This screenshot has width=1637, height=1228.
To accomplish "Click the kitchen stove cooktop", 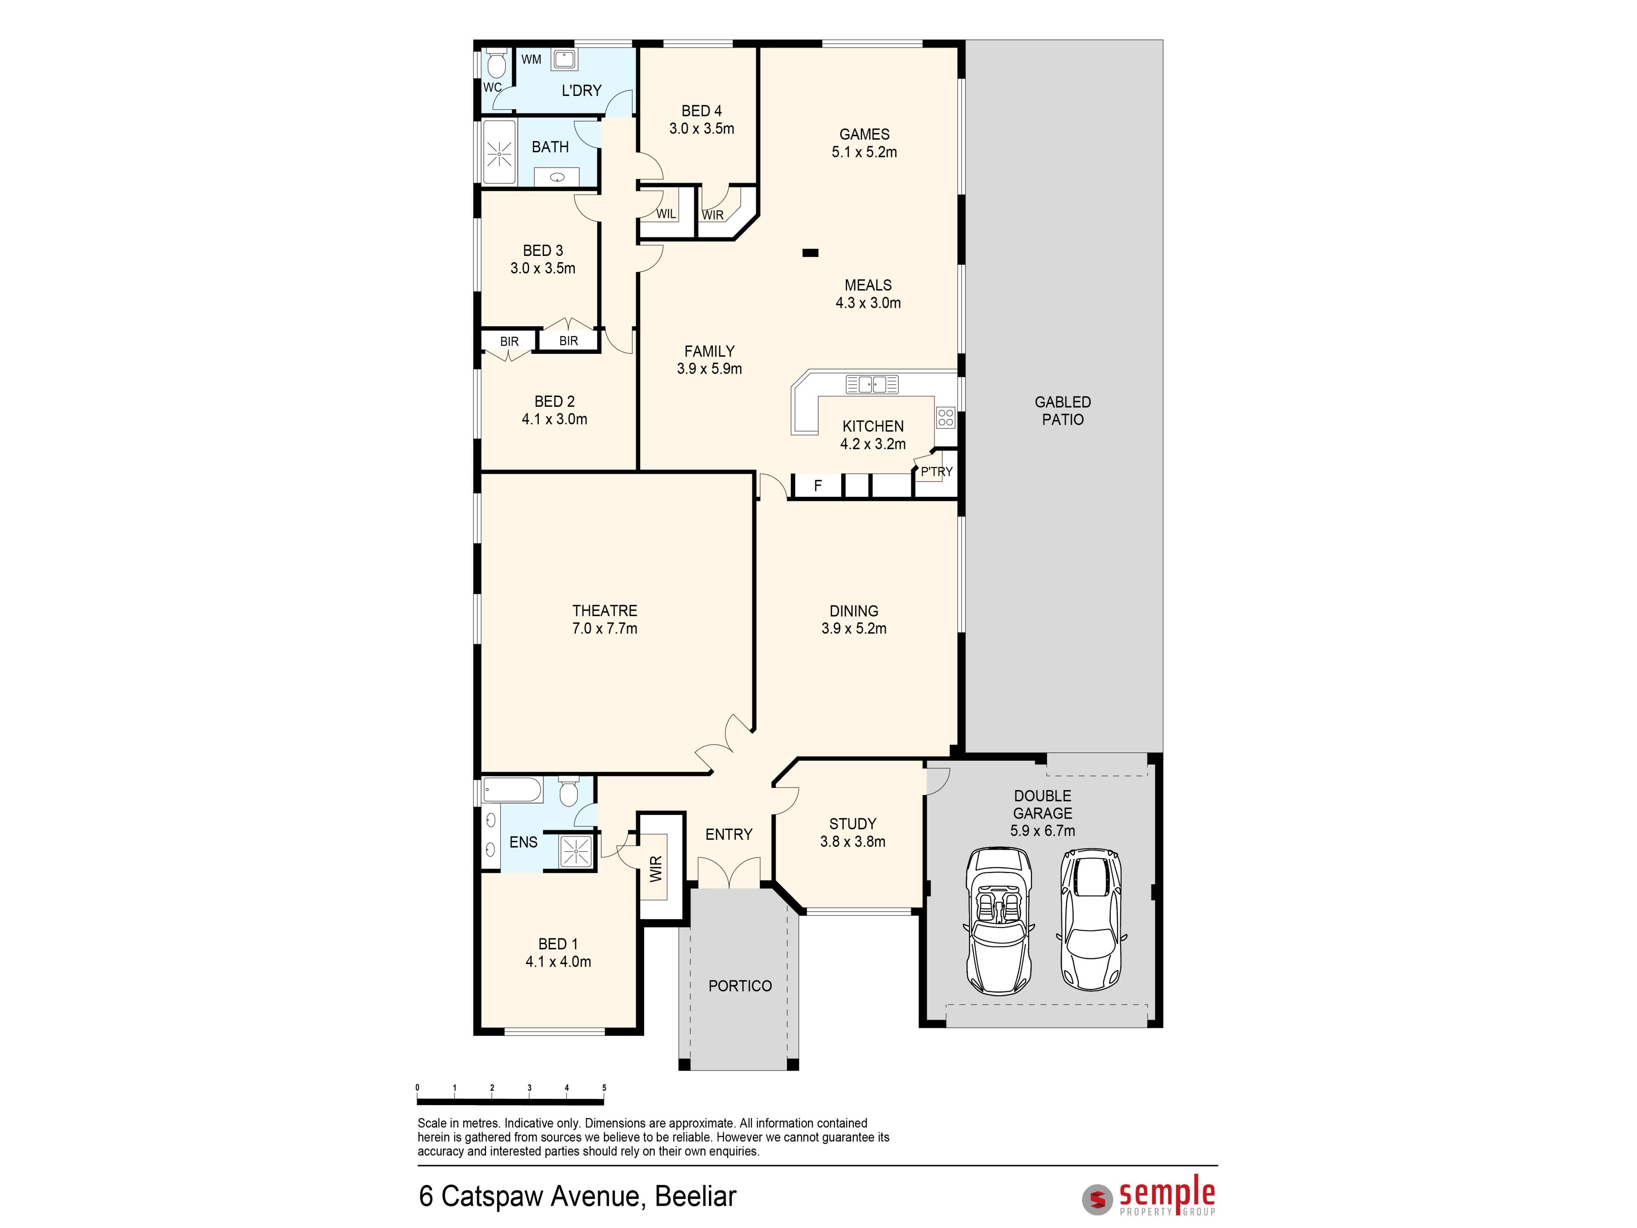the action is click(x=945, y=417).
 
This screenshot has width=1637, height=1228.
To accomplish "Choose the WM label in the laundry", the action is click(x=531, y=59).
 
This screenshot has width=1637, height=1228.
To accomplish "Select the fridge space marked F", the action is click(x=818, y=486).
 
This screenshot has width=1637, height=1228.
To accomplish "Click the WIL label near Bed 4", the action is click(x=666, y=214).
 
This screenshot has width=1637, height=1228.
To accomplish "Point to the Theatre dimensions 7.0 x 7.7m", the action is click(x=604, y=628).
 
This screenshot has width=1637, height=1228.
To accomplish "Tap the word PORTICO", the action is click(x=740, y=986).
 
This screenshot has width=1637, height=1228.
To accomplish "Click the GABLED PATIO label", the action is click(x=1063, y=411).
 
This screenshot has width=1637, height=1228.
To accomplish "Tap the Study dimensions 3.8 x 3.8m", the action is click(x=853, y=842).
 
